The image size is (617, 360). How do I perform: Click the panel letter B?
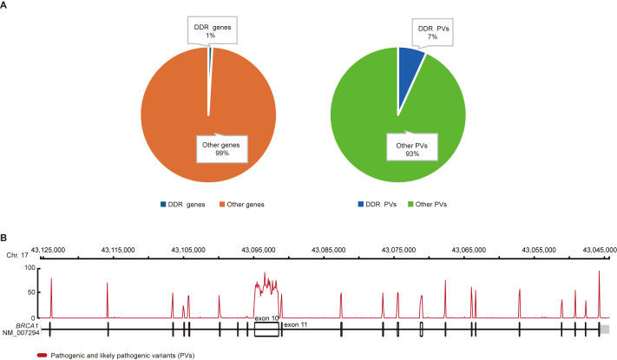pyautogui.click(x=5, y=236)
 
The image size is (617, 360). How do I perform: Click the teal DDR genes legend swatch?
pyautogui.click(x=161, y=204)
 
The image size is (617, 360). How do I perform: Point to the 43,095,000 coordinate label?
pyautogui.click(x=267, y=249)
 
